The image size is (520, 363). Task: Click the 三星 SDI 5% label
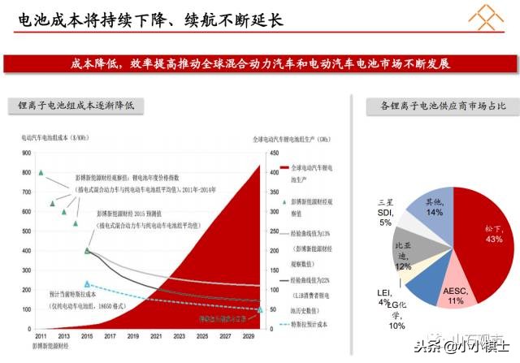point(384,211)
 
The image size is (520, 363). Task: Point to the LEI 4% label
point(383,297)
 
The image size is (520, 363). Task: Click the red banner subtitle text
point(260,63)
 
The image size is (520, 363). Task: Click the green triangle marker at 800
point(41,172)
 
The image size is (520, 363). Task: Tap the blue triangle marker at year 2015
point(87,284)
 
